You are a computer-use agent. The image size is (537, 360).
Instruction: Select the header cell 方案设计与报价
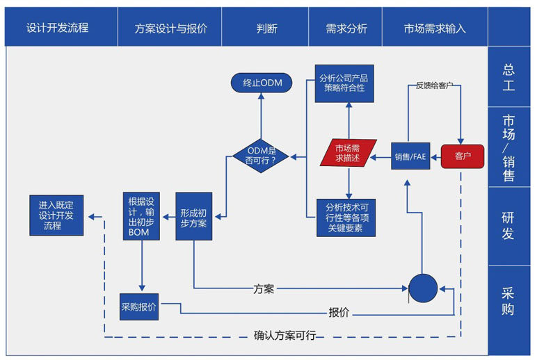[170, 28]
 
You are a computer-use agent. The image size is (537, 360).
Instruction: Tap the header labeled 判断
[266, 28]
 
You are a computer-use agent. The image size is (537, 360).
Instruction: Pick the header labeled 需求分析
[346, 28]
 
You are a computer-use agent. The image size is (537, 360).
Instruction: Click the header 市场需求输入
[435, 28]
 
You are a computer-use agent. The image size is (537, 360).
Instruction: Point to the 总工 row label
[509, 77]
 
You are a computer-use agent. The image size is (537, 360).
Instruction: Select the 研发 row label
[509, 226]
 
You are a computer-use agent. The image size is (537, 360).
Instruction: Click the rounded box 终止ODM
[261, 83]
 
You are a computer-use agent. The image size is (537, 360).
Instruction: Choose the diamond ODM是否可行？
[261, 155]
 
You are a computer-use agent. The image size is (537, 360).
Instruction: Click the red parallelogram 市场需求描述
[348, 153]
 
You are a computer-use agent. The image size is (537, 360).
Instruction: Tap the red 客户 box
[462, 156]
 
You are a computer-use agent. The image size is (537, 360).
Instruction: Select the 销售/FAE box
[410, 156]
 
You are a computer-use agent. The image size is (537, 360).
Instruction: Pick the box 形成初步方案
[193, 216]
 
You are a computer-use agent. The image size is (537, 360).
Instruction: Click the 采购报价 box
[139, 306]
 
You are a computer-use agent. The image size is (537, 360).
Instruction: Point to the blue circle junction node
[422, 288]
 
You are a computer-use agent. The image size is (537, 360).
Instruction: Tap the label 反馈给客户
[435, 85]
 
